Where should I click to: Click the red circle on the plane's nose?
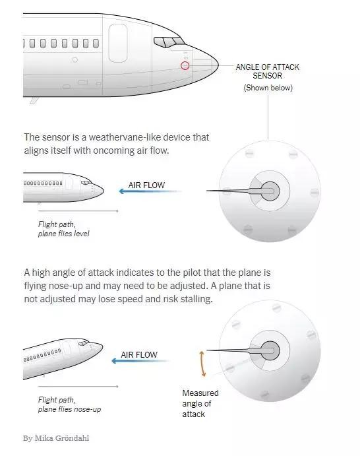(x=185, y=66)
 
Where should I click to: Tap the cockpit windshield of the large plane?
(x=169, y=42)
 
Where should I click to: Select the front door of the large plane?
(x=117, y=43)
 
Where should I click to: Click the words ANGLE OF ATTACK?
(x=267, y=67)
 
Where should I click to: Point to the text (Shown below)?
(x=268, y=88)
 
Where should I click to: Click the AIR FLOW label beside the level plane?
(x=146, y=185)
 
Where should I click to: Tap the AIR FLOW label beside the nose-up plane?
(x=139, y=355)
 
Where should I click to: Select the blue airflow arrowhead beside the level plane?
(x=122, y=191)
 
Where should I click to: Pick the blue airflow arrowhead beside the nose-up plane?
(x=115, y=361)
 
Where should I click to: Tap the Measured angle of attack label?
(x=200, y=403)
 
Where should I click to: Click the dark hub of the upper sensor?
(x=270, y=191)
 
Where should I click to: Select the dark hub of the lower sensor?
(x=270, y=350)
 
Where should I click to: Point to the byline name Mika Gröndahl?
(x=61, y=438)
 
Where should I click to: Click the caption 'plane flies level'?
(x=64, y=234)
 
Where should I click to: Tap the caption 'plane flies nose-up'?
(x=69, y=409)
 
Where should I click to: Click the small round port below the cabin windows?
(x=75, y=59)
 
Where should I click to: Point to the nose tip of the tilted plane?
(x=102, y=346)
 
